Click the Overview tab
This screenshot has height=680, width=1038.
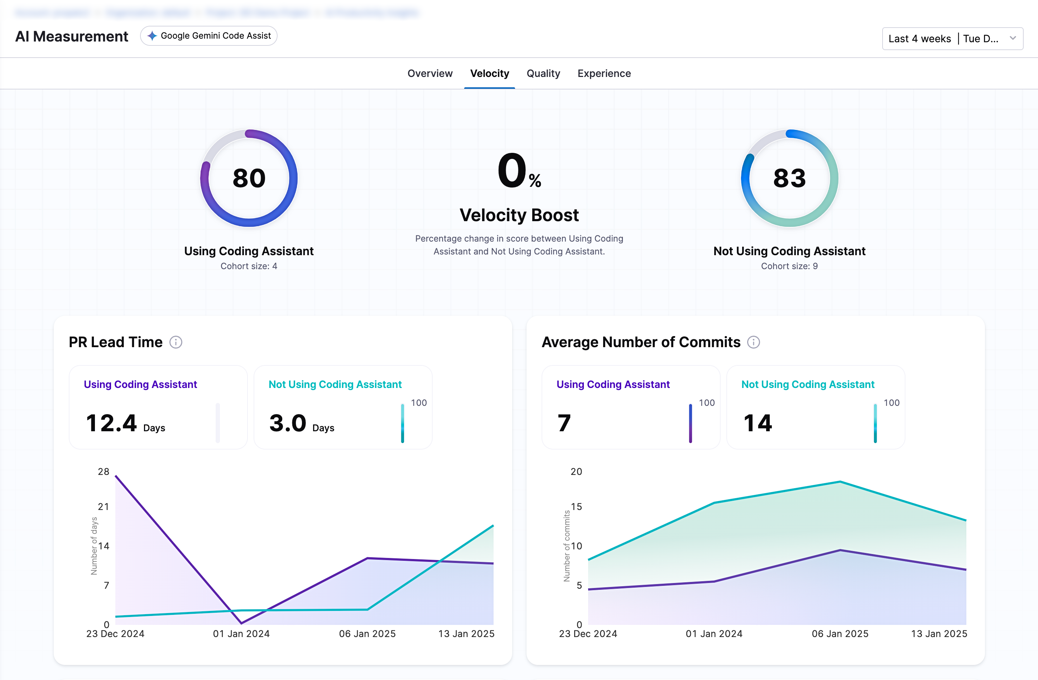[x=429, y=73]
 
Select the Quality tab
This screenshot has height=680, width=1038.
[x=543, y=73]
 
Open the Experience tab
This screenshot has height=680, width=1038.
[x=604, y=73]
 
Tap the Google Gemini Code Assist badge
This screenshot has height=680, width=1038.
[x=209, y=36]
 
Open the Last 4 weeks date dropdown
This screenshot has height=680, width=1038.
[x=952, y=39]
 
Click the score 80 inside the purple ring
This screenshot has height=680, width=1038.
[x=249, y=178]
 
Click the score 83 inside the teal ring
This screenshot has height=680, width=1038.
[x=789, y=178]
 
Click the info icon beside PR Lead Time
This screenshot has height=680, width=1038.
[x=176, y=342]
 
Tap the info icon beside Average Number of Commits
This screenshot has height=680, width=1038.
[x=753, y=342]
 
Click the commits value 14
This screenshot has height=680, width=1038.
[x=758, y=423]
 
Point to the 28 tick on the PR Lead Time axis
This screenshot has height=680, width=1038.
[x=104, y=472]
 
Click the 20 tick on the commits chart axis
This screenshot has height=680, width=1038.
[x=576, y=472]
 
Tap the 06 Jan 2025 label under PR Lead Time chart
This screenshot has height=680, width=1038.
[x=367, y=634]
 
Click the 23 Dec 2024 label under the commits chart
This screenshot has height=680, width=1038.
[x=588, y=634]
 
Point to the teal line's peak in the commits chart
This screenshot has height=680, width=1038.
[x=840, y=482]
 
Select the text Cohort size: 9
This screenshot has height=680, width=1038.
[x=789, y=266]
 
